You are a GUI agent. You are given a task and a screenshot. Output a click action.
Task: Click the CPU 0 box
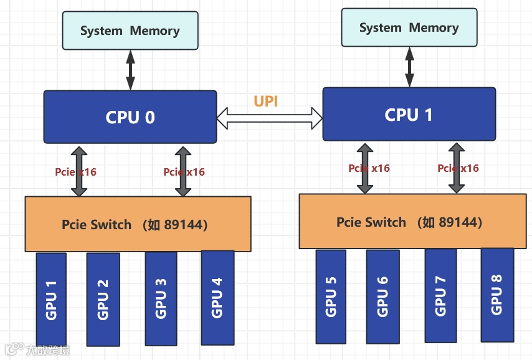pos(130,116)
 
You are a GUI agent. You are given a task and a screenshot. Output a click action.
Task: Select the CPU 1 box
pos(409,114)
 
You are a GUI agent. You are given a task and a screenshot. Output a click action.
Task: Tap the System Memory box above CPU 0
pos(130,31)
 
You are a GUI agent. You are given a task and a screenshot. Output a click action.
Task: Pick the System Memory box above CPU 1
pos(409,28)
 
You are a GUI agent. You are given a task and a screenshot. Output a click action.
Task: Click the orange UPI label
pos(266,102)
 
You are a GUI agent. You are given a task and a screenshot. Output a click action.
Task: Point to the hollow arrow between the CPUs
pos(269,117)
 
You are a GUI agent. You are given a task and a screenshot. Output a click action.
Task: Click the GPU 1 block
pos(51,299)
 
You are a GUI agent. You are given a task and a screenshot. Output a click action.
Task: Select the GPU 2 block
pos(103,299)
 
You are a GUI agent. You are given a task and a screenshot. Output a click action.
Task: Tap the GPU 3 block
pos(160,298)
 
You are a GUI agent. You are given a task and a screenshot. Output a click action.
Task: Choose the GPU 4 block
pos(217,296)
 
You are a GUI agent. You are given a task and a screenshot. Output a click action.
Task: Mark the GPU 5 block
pos(331,296)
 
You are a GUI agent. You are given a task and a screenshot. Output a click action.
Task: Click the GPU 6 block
pos(382,296)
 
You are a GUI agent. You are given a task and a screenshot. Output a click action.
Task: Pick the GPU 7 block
pos(440,295)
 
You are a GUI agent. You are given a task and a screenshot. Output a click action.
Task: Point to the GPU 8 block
pos(496,294)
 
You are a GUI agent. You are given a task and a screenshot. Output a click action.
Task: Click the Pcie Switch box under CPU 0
pos(138,224)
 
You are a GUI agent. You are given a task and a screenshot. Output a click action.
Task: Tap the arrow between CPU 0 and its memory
pos(130,70)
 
